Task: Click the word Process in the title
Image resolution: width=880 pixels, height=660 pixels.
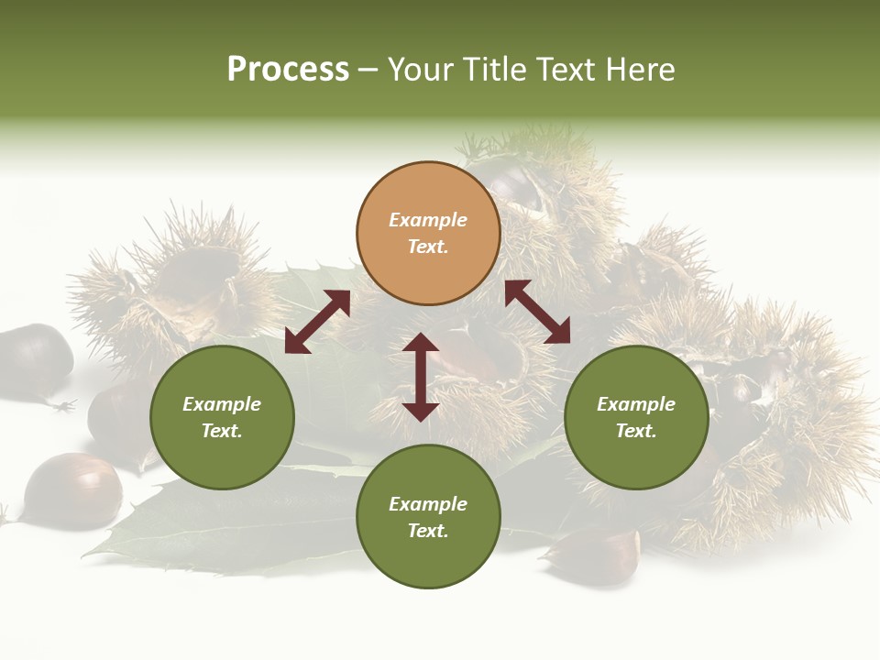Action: (288, 70)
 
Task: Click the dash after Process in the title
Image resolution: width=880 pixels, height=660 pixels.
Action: (368, 71)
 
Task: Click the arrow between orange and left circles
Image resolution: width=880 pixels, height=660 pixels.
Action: (317, 322)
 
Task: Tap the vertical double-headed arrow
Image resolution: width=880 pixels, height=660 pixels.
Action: (421, 377)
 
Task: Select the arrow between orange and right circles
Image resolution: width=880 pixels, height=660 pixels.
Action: (537, 312)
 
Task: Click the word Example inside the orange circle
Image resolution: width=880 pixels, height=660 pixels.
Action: (428, 220)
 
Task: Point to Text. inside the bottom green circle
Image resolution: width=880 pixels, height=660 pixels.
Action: (428, 531)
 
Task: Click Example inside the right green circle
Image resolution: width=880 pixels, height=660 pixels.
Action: (636, 404)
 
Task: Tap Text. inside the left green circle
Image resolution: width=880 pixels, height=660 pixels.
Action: (222, 431)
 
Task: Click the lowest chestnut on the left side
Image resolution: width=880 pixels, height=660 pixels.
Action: (71, 490)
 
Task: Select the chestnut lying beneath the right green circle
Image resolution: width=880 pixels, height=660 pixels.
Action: (596, 555)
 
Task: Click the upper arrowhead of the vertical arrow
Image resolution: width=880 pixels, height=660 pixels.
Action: (421, 344)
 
